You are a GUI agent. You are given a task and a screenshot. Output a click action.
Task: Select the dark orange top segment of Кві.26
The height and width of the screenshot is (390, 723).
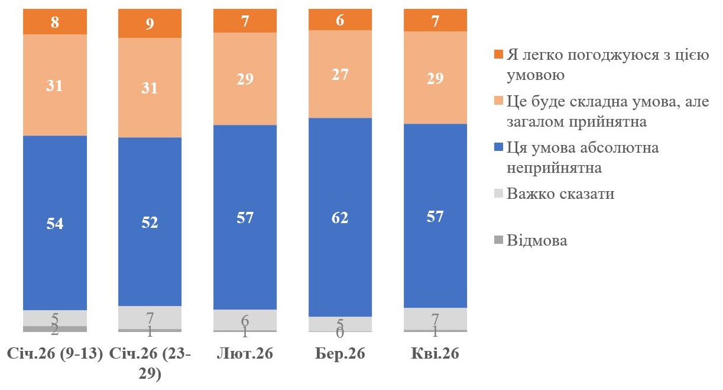pos(435,21)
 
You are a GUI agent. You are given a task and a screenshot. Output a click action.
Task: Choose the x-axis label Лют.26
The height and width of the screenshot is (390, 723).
pos(245,354)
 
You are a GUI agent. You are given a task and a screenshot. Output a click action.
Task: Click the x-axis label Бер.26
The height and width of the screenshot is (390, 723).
pos(341,354)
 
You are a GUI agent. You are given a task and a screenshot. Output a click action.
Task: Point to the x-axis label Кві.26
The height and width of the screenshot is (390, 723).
pos(435,354)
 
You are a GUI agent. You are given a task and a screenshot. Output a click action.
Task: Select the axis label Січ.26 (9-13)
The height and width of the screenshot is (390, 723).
pos(55,354)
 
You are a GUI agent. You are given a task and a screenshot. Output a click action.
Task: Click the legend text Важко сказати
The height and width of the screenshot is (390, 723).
pos(560,194)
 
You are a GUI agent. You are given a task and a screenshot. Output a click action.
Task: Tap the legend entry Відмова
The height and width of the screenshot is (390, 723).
pos(537,240)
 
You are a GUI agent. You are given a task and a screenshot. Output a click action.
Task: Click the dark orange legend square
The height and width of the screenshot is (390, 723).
pos(498,55)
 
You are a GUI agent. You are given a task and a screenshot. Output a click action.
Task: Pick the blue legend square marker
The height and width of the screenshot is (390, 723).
pos(498,147)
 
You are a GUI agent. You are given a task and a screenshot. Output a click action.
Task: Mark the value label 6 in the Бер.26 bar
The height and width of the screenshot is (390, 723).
pos(341,19)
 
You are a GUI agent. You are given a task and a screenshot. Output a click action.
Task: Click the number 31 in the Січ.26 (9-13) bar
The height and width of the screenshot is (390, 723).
pos(55,86)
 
